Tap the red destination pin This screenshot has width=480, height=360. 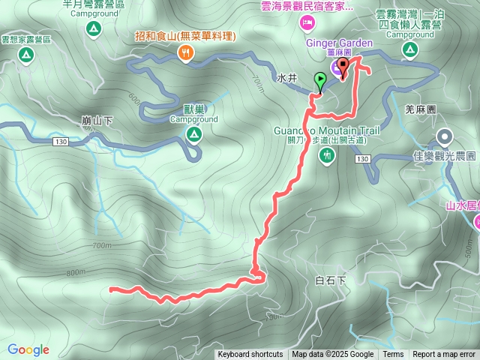[x=343, y=68]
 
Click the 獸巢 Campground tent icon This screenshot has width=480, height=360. [x=193, y=134]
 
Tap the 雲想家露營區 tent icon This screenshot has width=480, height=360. [x=25, y=55]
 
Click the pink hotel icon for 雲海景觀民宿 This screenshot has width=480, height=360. [x=307, y=24]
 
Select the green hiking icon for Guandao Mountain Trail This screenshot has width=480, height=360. [x=327, y=154]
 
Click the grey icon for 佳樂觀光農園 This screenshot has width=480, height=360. [x=445, y=136]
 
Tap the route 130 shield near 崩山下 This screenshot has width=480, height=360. [x=61, y=142]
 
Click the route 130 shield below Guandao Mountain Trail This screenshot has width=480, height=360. [x=362, y=159]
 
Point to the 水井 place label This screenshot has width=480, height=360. [x=287, y=78]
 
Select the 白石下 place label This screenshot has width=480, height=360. [x=330, y=280]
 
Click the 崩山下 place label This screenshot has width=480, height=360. [x=97, y=120]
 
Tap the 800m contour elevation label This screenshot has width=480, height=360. [x=76, y=273]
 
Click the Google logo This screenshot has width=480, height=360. [x=28, y=349]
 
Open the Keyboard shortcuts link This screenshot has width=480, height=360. [x=250, y=355]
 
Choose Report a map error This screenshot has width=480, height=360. [x=444, y=355]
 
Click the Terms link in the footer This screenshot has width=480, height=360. [x=393, y=355]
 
